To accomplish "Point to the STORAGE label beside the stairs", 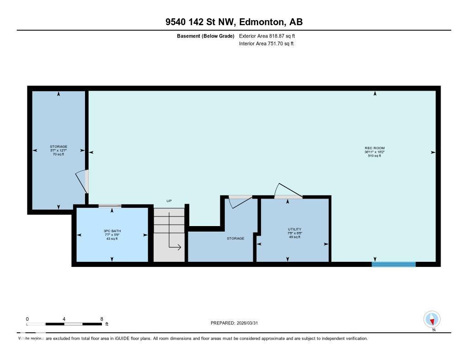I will pos(235,238).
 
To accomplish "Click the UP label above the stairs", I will pos(169,201).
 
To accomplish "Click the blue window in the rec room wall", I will pos(394,264).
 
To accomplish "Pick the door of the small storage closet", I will pos(239,201).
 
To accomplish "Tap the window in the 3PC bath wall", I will pos(110,206).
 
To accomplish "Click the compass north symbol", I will pos(432,319).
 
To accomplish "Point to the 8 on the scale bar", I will pos(101,319).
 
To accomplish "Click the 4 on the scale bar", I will pos(64,319).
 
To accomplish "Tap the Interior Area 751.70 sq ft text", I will pos(266,44).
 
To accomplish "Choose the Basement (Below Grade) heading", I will pos(206,36).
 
